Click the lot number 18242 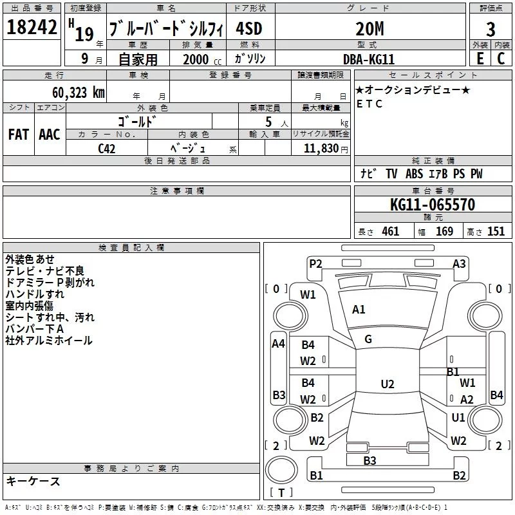(x=32, y=27)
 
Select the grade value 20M (x=370, y=29)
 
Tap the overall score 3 (x=491, y=30)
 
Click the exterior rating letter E (x=480, y=59)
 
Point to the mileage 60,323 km (x=79, y=93)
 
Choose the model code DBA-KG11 (x=369, y=59)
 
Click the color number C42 (x=107, y=149)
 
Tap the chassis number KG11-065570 (x=433, y=205)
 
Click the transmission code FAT (x=19, y=135)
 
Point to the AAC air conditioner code (x=50, y=135)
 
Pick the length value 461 (x=391, y=232)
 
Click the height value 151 (x=496, y=232)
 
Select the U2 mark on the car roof (x=388, y=384)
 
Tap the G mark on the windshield (x=368, y=339)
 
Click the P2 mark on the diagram (x=315, y=264)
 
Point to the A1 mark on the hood (x=359, y=310)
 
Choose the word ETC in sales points (x=370, y=104)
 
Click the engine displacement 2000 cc (x=202, y=59)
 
